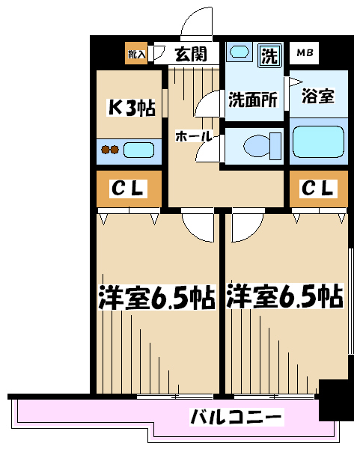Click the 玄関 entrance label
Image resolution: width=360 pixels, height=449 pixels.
click(191, 54)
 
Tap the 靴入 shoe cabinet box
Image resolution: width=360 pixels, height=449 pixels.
click(136, 53)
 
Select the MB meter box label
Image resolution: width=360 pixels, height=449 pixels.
click(305, 52)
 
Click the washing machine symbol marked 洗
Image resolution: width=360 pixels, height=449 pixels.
click(269, 55)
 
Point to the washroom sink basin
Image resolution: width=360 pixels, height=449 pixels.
click(239, 52)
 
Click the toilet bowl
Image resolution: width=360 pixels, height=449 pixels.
click(262, 147)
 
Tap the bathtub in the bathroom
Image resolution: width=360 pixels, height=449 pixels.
click(318, 141)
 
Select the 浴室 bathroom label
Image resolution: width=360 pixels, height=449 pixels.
click(318, 96)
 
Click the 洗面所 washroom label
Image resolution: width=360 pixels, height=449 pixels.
click(253, 100)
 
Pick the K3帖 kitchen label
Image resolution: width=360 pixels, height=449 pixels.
click(131, 108)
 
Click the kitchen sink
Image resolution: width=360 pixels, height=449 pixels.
click(139, 150)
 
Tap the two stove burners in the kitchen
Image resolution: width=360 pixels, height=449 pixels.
click(110, 150)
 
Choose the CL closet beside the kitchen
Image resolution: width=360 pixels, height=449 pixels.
click(129, 189)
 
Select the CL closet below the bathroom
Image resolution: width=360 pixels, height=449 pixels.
click(319, 189)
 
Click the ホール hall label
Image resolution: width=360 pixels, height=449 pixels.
click(194, 137)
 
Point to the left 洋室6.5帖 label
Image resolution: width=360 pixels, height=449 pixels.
click(156, 297)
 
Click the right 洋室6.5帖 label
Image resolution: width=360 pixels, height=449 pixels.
click(284, 296)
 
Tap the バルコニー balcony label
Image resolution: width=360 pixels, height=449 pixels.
click(237, 417)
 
